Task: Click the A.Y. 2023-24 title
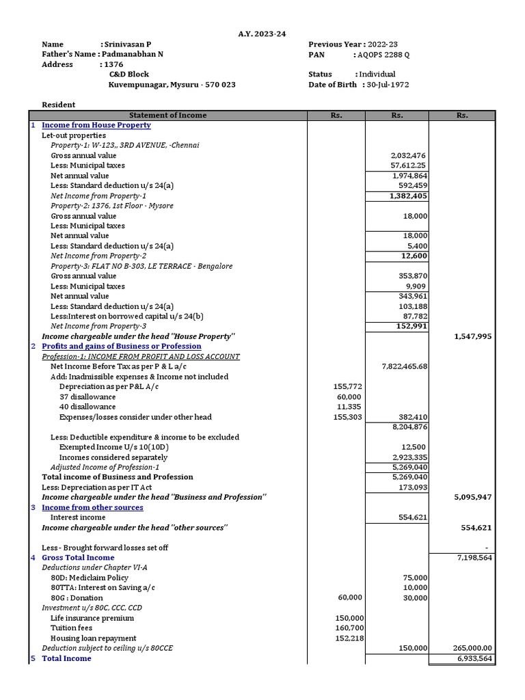262,33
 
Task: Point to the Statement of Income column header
167,116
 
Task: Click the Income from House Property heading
96,126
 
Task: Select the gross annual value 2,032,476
409,156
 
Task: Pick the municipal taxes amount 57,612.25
409,166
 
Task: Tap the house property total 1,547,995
472,337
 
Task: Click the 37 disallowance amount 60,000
349,397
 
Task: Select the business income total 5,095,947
472,498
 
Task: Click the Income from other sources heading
92,507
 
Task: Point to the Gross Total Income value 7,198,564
474,558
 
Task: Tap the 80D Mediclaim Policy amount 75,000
415,578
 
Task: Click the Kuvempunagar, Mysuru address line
172,85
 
